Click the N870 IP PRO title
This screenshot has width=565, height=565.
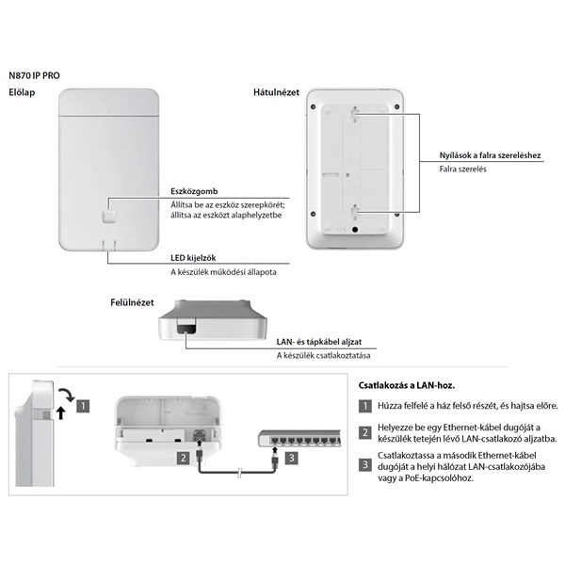[x=38, y=73]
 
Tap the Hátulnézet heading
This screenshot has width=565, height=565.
[x=276, y=92]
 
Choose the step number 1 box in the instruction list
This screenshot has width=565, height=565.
[x=365, y=406]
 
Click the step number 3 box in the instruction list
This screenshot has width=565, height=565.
[x=365, y=464]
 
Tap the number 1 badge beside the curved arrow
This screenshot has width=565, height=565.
[x=83, y=407]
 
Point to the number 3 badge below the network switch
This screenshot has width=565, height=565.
[x=292, y=459]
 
